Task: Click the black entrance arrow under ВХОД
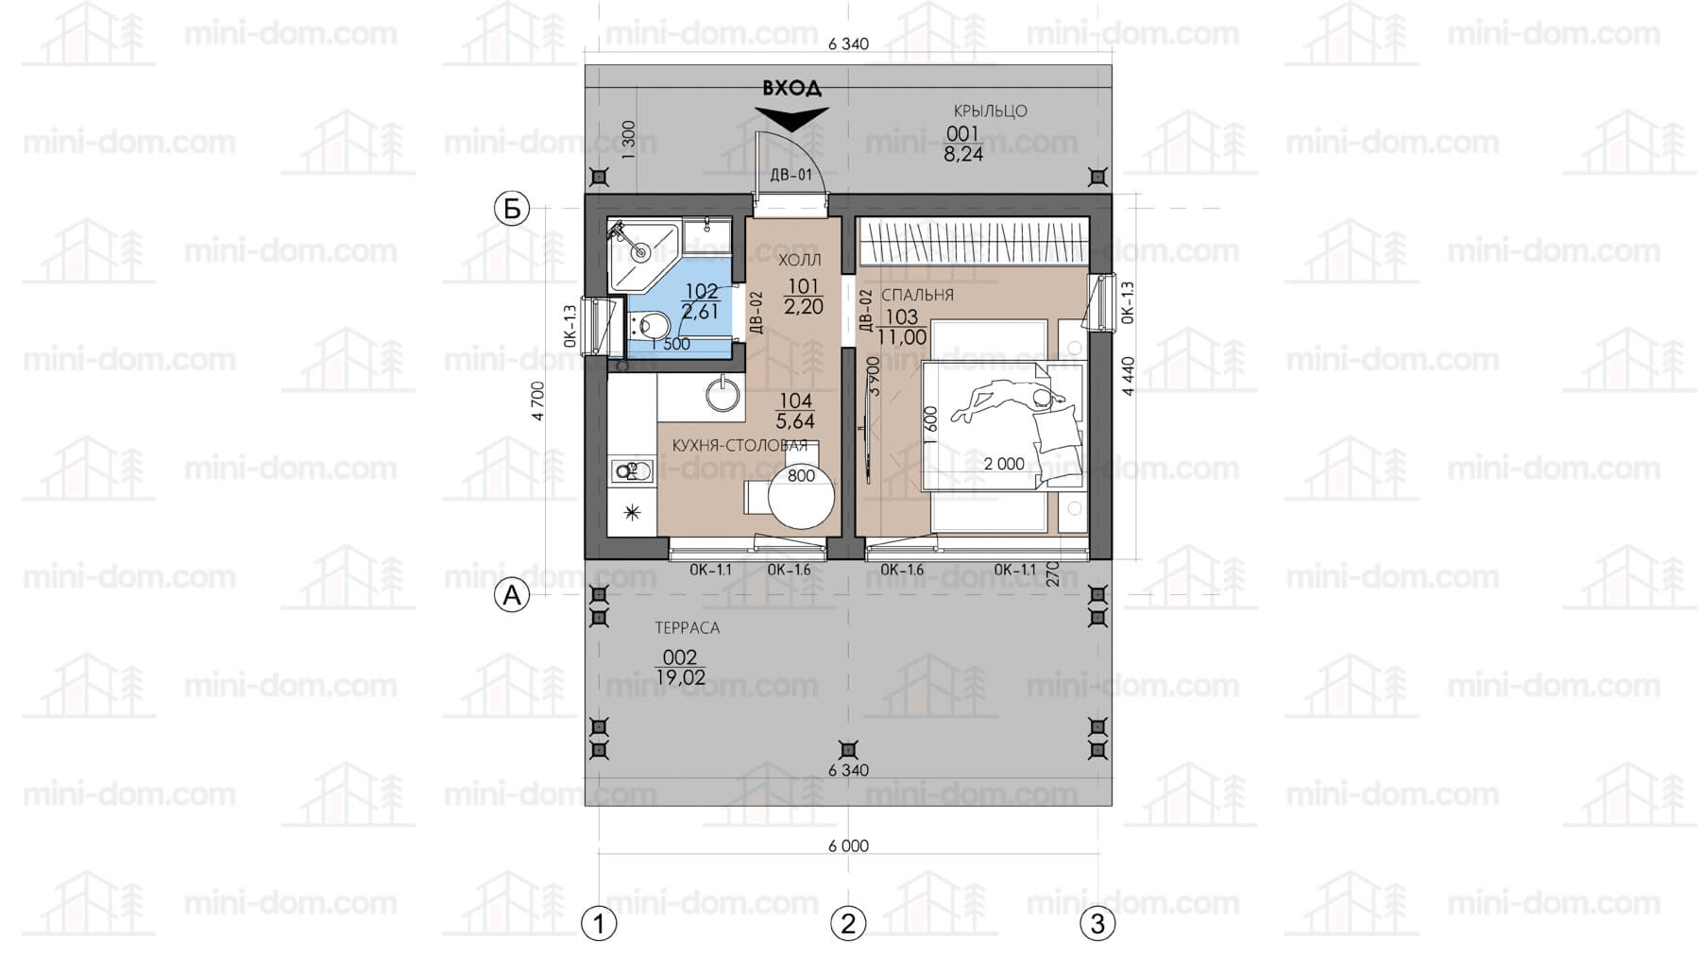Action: click(791, 118)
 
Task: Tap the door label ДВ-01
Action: click(791, 175)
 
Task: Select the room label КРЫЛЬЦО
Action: click(990, 111)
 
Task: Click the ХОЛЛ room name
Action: click(800, 260)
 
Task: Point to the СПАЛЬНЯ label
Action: click(918, 295)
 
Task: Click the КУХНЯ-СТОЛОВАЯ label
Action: click(739, 446)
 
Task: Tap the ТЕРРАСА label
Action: click(688, 627)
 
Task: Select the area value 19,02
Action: click(680, 677)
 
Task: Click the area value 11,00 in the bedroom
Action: click(902, 336)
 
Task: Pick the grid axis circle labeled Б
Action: click(512, 209)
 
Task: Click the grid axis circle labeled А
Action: click(512, 595)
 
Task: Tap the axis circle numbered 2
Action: click(848, 923)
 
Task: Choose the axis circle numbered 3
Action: click(1097, 923)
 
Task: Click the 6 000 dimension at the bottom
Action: click(848, 846)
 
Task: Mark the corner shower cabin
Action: click(642, 255)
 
